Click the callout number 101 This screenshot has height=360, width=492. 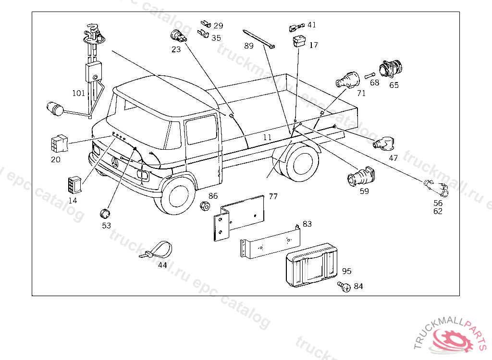(x=78, y=93)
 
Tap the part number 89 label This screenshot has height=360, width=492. (x=248, y=46)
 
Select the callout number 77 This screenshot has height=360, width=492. (x=273, y=196)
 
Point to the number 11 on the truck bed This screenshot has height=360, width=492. (x=267, y=137)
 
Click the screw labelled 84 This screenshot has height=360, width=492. (x=344, y=287)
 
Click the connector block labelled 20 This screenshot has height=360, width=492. (x=59, y=143)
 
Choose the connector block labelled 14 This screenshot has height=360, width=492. (x=74, y=184)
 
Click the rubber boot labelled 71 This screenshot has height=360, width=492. (x=347, y=80)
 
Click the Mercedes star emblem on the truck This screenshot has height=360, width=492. (x=115, y=163)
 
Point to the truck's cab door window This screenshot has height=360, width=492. (x=201, y=129)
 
